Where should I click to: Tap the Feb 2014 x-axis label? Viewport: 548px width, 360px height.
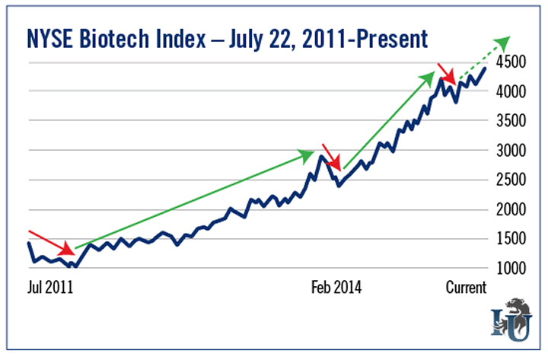(x=336, y=288)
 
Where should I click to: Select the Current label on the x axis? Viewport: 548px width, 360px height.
(x=465, y=288)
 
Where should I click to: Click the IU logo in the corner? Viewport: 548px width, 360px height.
(x=512, y=320)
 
